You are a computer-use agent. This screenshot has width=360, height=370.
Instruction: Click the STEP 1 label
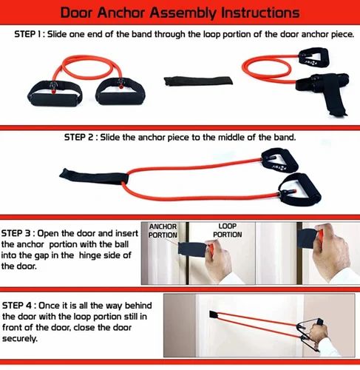pos(32,35)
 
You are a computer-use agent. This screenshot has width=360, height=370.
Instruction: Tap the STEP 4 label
pos(21,305)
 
